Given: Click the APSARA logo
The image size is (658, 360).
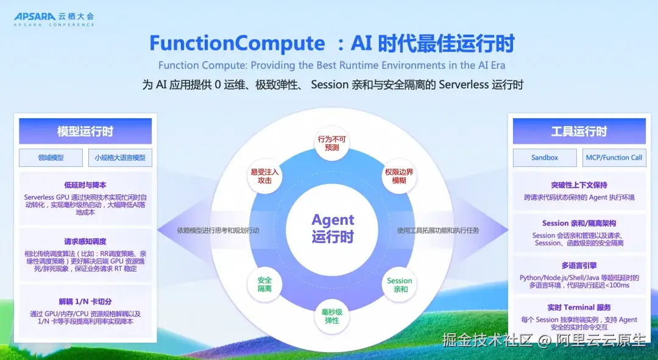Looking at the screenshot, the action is tap(54, 19).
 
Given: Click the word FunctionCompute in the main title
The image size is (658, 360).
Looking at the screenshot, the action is tap(237, 43).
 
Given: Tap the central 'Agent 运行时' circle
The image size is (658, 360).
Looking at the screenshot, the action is tap(333, 228).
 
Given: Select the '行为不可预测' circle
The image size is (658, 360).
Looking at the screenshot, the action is tap(331, 143).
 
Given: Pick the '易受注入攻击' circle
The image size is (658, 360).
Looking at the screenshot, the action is tap(264, 176).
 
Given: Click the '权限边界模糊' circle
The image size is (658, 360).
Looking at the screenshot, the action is tap(399, 176).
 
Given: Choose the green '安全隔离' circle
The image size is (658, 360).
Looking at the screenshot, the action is tap(264, 284).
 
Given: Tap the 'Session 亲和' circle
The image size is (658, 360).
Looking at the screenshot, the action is tap(400, 284).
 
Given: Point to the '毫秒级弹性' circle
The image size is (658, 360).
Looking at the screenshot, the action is tap(331, 316).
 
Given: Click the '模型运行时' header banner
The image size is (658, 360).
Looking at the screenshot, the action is tap(85, 132).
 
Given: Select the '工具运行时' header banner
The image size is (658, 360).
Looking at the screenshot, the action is tap(579, 132).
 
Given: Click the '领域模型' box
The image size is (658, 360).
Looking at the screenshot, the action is tap(51, 158).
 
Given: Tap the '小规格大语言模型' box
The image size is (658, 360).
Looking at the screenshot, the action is tap(120, 158).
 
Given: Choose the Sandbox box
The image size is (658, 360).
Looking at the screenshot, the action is tap(545, 158).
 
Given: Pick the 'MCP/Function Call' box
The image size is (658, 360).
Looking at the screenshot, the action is tap(614, 158).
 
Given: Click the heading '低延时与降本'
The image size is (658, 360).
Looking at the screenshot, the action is tap(85, 185).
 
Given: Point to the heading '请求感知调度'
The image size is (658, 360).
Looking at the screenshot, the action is tap(85, 242).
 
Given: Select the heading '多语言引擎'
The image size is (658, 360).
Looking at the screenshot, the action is tap(579, 266).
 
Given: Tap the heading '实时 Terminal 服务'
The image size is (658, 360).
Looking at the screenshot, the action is tap(579, 308).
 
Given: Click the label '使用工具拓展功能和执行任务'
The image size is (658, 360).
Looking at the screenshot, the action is tap(438, 230).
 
